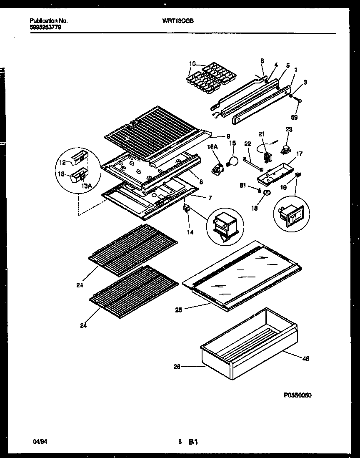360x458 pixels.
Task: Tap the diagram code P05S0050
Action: coord(297,395)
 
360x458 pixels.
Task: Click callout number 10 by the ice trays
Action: coord(192,63)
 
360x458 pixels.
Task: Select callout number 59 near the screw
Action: coord(294,118)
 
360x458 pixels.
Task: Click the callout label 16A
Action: coord(212,147)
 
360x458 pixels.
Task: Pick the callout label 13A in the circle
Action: coord(86,186)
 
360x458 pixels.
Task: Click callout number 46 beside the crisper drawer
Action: coord(306,358)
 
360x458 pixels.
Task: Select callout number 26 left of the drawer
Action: coord(177,367)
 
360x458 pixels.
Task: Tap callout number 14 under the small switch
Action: coord(190,232)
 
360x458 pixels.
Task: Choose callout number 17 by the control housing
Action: coord(299,154)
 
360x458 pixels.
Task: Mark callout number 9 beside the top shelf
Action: coord(228,136)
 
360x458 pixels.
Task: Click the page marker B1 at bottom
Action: coord(192,441)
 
